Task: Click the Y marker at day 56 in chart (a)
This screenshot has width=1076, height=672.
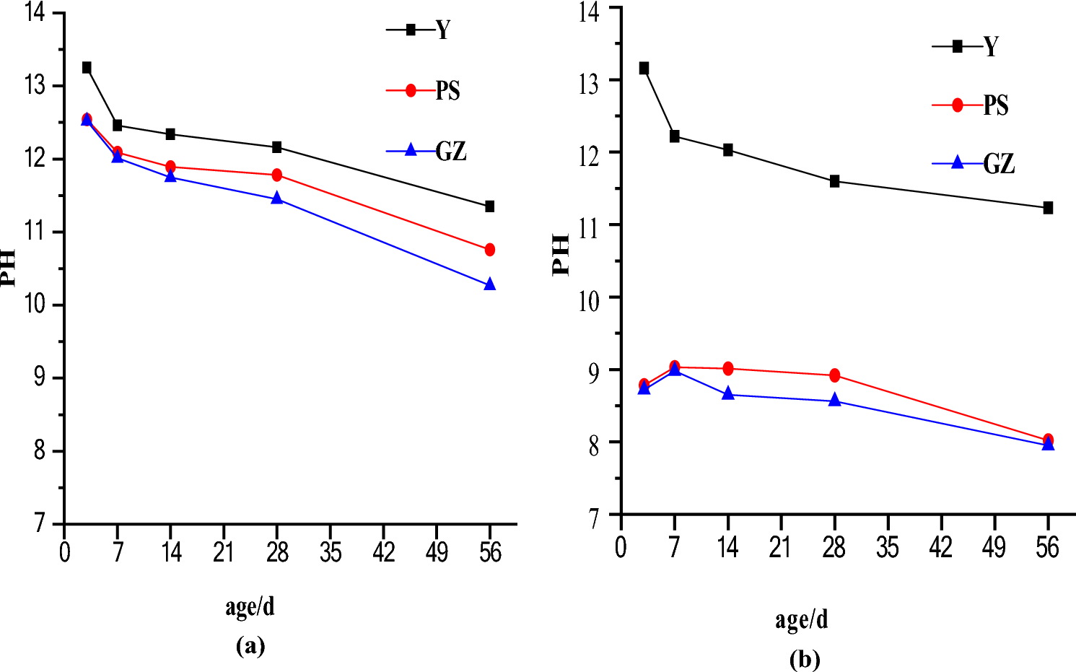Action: (x=490, y=206)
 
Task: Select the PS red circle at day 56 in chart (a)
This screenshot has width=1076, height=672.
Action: (x=490, y=250)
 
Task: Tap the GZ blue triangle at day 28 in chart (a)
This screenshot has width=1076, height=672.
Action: (x=277, y=198)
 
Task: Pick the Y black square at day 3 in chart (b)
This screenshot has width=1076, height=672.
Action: (x=644, y=69)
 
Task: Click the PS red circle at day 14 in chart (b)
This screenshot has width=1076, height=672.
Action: (x=728, y=369)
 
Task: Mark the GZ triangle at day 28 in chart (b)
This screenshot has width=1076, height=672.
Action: (x=835, y=401)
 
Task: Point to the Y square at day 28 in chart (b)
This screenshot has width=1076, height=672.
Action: (x=835, y=181)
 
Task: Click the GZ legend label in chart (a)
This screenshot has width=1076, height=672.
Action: (x=451, y=151)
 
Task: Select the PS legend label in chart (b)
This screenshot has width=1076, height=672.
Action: (x=996, y=105)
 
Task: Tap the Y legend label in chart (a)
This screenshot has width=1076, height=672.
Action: (x=443, y=30)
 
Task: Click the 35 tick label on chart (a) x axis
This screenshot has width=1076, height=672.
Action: (x=331, y=553)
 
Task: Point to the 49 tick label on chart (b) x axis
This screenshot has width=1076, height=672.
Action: (x=994, y=548)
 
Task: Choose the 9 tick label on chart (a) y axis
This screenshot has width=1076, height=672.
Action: (x=40, y=378)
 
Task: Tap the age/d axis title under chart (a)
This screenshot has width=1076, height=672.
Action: (x=250, y=606)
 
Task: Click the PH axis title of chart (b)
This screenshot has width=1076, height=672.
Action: (x=561, y=255)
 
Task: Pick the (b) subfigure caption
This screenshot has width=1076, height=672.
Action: (x=805, y=659)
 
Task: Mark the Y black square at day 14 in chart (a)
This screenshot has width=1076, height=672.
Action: (x=171, y=134)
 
